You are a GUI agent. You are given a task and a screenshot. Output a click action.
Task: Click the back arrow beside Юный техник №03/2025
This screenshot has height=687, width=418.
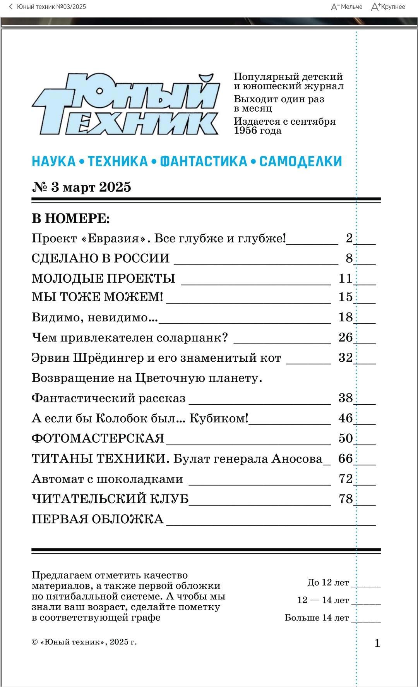point(11,7)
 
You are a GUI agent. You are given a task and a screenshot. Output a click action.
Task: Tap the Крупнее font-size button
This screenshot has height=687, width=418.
point(388,7)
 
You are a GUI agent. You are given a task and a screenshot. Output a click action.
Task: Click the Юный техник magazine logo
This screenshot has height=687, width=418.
point(126,104)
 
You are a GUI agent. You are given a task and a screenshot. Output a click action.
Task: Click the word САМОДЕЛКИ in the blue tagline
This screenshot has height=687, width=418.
point(300,161)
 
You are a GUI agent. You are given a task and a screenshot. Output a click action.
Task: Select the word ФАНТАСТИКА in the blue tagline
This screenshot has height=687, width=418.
point(204,161)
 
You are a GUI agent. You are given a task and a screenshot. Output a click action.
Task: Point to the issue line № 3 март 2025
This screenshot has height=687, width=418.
point(81,187)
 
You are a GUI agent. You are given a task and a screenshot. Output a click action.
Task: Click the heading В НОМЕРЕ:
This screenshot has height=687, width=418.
point(70,219)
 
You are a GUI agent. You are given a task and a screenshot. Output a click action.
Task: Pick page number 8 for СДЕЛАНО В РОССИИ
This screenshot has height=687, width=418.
point(349,258)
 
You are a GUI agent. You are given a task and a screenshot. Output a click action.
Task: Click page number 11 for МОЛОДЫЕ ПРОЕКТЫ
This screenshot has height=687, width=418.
point(345,278)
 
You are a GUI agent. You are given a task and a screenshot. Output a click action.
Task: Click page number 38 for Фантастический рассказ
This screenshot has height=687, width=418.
point(345,398)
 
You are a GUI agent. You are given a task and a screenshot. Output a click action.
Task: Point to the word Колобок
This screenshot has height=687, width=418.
point(120,418)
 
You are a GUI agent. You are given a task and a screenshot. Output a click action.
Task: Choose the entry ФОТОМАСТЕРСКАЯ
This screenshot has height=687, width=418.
point(98,438)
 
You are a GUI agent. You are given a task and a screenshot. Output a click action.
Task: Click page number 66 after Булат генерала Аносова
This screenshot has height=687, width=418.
point(345,459)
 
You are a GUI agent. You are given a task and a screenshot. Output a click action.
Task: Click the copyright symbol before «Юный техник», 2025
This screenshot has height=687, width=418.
point(34,642)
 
